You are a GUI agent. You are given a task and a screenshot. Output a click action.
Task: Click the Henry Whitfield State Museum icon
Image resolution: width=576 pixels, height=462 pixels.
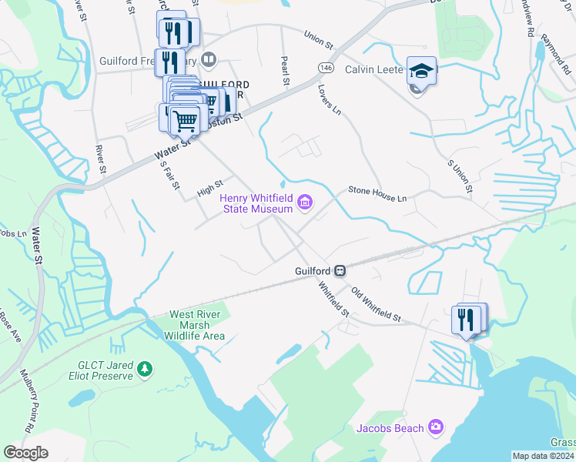[306, 203]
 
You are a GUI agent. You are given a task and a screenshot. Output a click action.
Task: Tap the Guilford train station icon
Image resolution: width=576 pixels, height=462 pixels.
[340, 271]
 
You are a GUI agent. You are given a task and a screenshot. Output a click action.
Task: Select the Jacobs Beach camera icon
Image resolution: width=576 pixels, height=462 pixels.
[436, 427]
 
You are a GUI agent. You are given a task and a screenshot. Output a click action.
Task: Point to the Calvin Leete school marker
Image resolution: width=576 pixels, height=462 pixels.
[420, 71]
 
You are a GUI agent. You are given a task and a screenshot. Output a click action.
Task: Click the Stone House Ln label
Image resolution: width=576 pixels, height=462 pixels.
[377, 192]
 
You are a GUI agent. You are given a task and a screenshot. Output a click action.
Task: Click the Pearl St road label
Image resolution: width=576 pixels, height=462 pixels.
[284, 69]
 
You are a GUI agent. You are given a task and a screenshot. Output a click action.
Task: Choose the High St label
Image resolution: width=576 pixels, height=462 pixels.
[209, 188]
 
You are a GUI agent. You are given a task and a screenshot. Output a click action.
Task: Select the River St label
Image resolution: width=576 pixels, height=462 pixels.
[99, 158]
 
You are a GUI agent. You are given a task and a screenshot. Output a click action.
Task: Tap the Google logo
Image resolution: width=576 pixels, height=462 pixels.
[25, 453]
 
